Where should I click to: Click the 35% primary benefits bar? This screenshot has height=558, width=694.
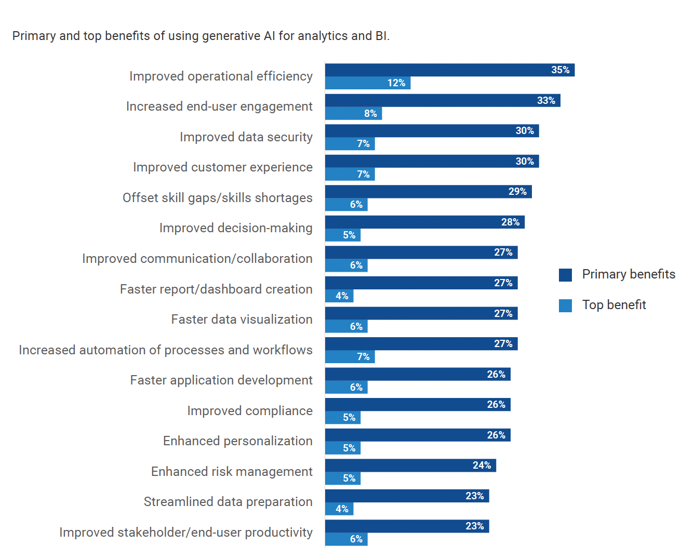[449, 70]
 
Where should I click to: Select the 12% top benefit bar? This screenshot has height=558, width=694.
[367, 83]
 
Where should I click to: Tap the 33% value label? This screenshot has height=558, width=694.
[546, 101]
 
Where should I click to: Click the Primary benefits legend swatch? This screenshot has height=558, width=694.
[565, 275]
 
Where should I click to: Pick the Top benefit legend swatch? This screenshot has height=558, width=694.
[565, 305]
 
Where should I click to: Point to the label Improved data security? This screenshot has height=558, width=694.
[246, 137]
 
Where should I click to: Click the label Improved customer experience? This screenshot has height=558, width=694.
[223, 167]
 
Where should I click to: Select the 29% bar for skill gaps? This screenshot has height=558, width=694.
[428, 192]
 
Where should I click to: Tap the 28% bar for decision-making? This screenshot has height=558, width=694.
[424, 222]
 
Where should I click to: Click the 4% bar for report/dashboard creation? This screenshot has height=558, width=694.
[339, 296]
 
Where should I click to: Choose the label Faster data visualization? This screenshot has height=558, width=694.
[242, 320]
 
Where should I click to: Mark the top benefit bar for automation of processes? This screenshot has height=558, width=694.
[350, 357]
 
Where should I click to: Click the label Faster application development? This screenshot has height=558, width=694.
[221, 380]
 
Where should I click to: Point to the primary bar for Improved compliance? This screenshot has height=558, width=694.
[417, 405]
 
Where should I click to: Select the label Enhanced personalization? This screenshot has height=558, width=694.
[238, 441]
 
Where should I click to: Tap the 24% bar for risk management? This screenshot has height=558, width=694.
[410, 466]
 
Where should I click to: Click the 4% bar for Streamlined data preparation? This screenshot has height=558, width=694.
[339, 509]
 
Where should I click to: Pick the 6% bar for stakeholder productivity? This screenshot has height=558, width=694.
[346, 539]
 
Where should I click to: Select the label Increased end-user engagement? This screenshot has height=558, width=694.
[219, 107]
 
